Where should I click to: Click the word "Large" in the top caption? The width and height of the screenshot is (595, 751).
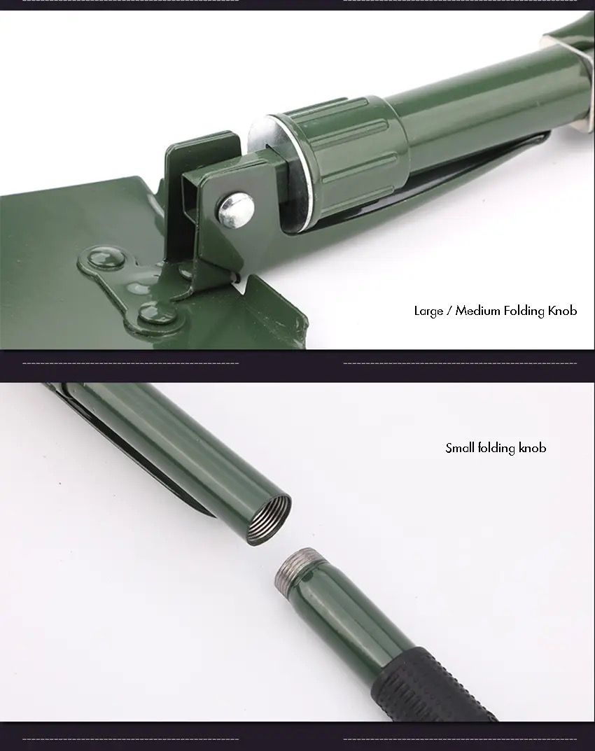tap(429, 311)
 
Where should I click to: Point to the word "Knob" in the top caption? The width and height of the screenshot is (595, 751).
tap(562, 311)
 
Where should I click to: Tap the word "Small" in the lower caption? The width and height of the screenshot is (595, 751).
tap(460, 448)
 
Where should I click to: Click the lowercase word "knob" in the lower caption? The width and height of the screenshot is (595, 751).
tap(532, 448)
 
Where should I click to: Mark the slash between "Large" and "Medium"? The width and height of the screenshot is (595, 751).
tap(449, 311)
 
